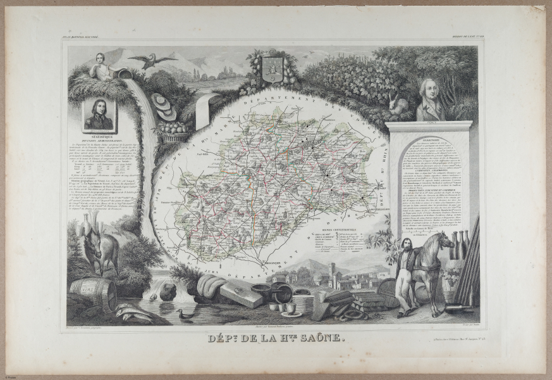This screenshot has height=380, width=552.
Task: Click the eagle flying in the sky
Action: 152,60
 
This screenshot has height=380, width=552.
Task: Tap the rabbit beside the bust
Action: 398,106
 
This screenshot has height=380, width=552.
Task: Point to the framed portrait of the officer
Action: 99,115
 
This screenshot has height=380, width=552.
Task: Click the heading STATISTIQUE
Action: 100,136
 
